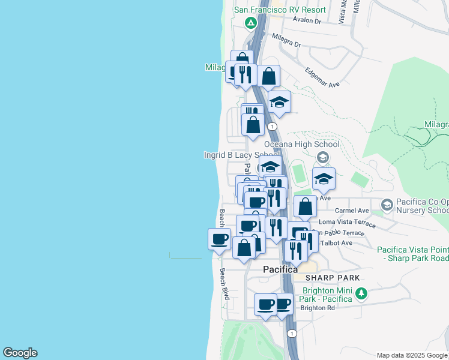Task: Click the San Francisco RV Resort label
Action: [280, 10]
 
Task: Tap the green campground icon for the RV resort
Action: [252, 23]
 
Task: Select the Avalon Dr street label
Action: [307, 20]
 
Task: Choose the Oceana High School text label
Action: [302, 144]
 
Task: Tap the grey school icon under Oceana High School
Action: [323, 158]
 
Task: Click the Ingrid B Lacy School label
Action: [242, 155]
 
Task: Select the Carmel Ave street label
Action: [352, 211]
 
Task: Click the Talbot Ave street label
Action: [336, 243]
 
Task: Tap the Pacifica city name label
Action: [280, 270]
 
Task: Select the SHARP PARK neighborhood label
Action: [333, 278]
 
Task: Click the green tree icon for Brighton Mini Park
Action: [361, 293]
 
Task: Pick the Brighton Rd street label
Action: [318, 308]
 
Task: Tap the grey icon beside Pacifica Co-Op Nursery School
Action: [387, 205]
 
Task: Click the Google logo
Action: [20, 353]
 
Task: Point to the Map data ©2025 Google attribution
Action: [412, 355]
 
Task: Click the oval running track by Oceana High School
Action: [299, 170]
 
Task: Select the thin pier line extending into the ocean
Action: [185, 257]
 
